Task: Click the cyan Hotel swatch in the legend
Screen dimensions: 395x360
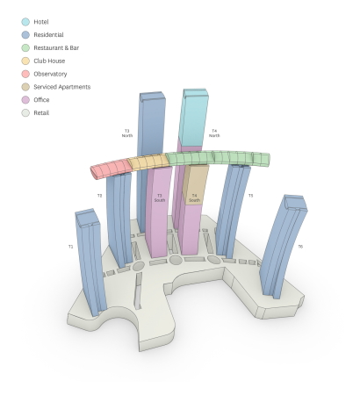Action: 25,22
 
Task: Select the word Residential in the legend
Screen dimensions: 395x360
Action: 48,35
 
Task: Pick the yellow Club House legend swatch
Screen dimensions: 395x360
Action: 25,61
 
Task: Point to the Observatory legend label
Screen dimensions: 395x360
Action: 50,74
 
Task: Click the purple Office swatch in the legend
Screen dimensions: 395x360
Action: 25,100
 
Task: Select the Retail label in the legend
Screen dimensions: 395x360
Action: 42,113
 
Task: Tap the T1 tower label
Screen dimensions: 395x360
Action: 71,247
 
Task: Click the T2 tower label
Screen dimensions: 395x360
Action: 99,195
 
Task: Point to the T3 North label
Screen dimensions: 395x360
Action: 127,133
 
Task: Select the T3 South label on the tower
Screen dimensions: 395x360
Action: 159,198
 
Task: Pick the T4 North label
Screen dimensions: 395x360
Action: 214,133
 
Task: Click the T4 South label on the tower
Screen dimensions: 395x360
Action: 194,198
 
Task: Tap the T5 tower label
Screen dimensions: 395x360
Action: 250,195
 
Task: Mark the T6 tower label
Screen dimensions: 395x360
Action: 300,247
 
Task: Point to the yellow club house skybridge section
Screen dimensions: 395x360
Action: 145,162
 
